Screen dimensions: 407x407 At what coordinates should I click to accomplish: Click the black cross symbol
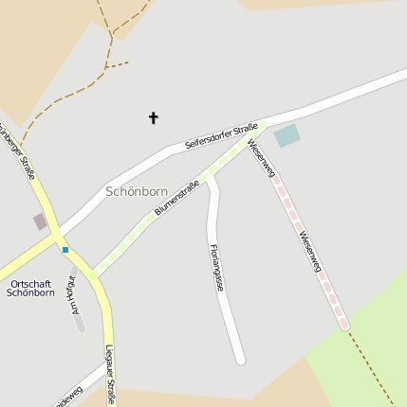153,118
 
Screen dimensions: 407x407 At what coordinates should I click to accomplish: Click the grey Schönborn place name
137,191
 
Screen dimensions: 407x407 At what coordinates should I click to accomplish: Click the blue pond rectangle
287,135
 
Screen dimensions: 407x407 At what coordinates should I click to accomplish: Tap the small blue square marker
65,250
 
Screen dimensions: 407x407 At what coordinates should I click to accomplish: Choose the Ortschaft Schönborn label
30,289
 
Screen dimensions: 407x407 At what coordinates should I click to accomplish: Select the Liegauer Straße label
110,375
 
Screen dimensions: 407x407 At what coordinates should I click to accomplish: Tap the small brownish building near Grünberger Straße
40,221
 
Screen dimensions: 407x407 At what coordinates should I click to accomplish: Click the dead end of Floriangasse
241,359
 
